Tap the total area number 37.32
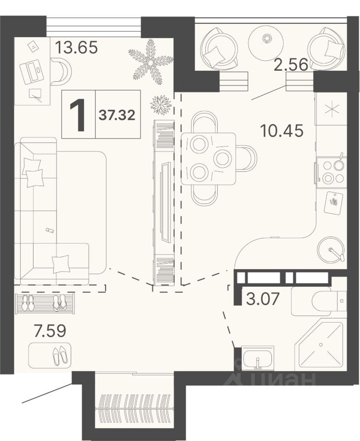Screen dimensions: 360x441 117,115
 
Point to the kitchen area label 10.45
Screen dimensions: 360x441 282,131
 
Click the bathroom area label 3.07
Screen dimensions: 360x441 263,299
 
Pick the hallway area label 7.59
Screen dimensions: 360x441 50,331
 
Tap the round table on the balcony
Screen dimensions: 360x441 266,39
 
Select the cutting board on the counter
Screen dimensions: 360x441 333,203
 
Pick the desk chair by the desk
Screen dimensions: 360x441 61,71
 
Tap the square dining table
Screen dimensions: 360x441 208,158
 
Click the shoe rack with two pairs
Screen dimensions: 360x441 45,303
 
